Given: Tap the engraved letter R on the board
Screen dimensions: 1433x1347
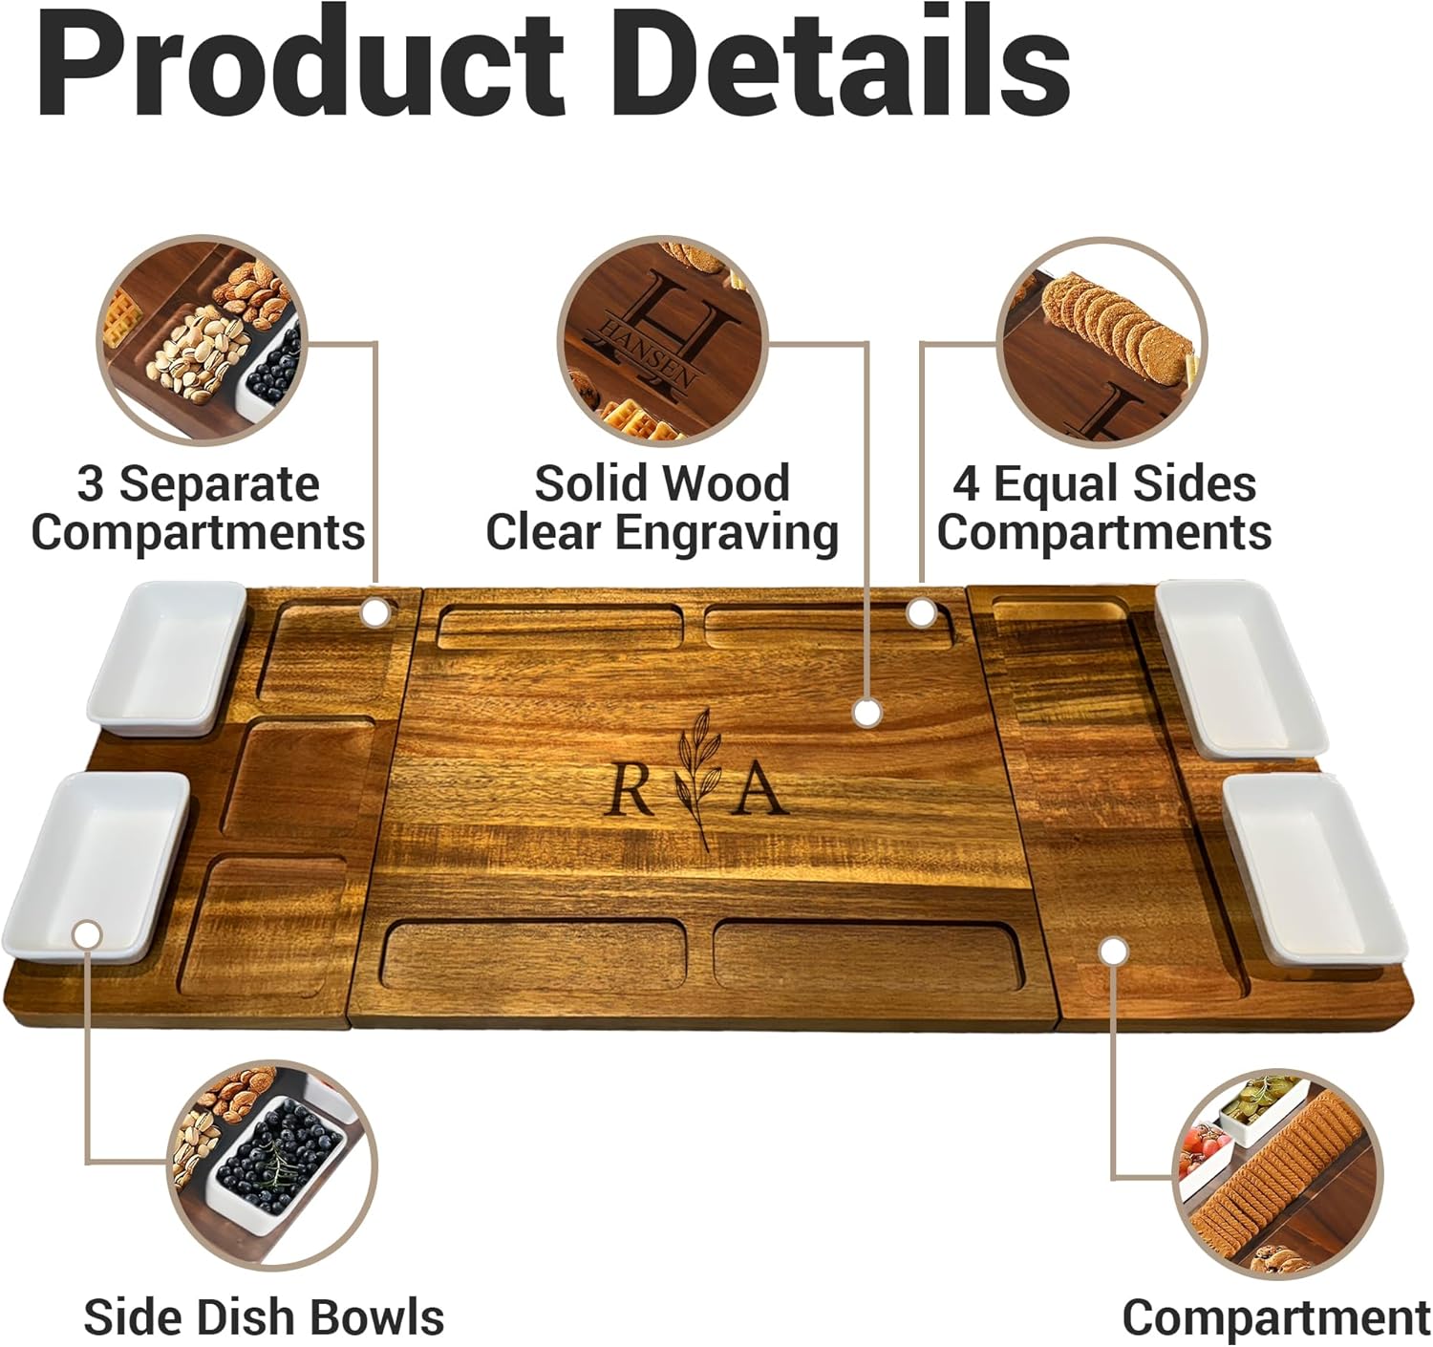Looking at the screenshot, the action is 631,789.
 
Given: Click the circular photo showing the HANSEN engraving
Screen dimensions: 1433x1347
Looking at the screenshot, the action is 662,342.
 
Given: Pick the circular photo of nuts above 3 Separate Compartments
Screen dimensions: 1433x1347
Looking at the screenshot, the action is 202,340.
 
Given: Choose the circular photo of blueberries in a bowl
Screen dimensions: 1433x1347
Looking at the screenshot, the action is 272,1165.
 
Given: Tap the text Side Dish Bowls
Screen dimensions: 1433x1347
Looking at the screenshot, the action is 264,1317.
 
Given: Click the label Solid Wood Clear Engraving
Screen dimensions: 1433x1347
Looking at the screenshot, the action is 662,507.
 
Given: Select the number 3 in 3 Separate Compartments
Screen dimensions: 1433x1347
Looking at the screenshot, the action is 90,483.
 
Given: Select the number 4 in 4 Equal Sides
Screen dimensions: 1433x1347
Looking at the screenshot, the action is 965,483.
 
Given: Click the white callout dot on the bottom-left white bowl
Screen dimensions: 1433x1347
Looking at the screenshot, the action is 87,934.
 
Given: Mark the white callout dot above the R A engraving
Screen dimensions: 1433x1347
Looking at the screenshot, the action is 866,713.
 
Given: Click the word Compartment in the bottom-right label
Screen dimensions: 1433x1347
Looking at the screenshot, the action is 1275,1317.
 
